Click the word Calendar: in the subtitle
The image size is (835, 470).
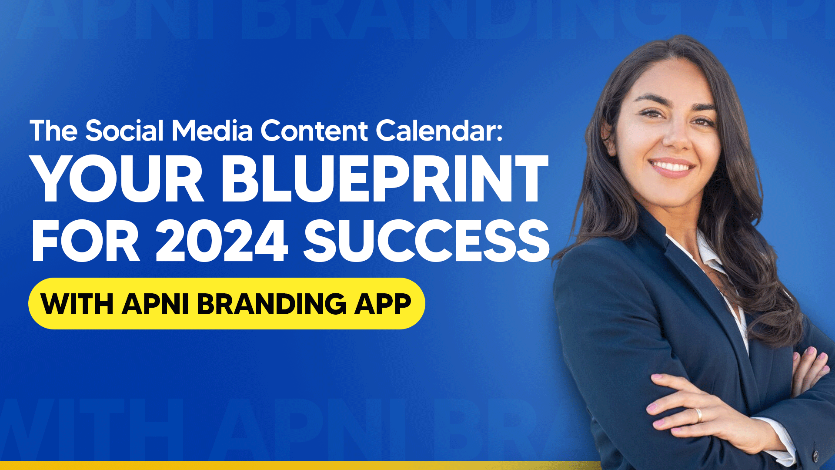tap(439, 130)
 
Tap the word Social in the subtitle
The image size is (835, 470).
tap(124, 130)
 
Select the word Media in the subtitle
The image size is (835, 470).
tap(212, 130)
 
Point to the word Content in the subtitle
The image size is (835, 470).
tap(314, 130)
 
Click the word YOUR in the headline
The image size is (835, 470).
tap(118, 179)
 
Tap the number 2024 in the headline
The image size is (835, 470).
tap(222, 241)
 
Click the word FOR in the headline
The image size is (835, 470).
tap(86, 241)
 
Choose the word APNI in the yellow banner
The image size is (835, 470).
tap(155, 304)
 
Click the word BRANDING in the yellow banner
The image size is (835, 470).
tap(272, 304)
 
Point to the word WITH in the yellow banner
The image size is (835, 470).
tap(77, 304)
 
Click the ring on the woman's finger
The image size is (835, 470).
tap(698, 415)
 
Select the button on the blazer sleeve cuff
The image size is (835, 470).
tap(816, 455)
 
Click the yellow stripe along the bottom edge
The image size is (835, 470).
tap(300, 465)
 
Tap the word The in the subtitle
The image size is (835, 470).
tap(53, 130)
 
